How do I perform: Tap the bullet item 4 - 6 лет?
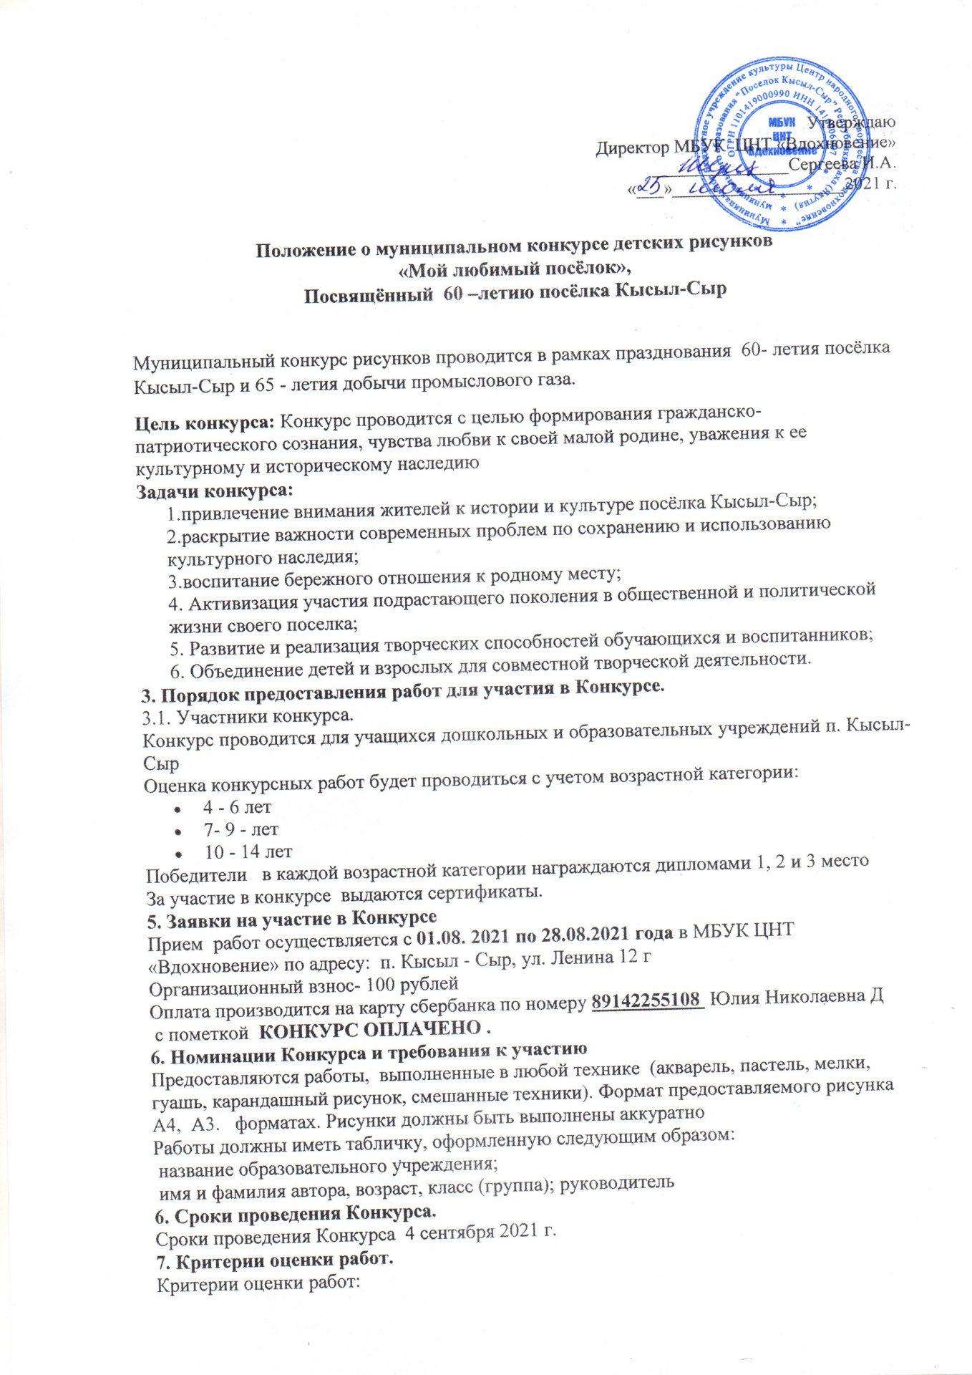tap(237, 807)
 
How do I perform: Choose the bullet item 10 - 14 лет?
tap(248, 852)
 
